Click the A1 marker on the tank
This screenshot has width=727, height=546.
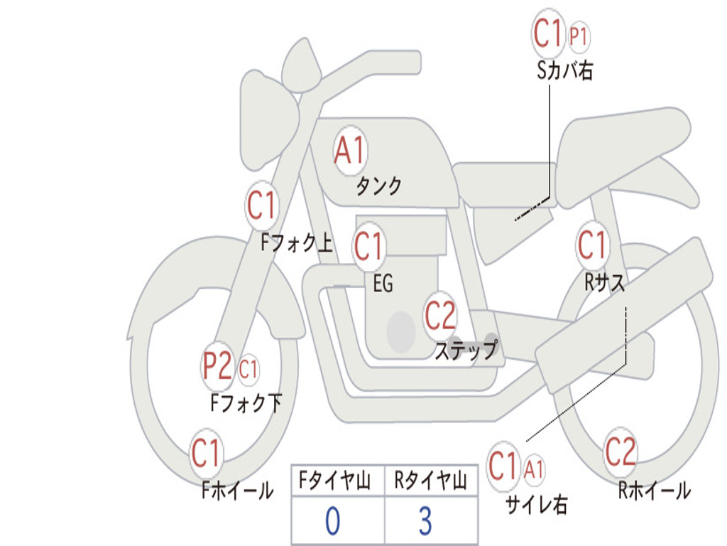[x=350, y=151]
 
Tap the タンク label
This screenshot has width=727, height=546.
[x=378, y=186]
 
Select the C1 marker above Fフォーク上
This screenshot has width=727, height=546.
[x=261, y=205]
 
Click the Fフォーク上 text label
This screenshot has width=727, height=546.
[x=297, y=242]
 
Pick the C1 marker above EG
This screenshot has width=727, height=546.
[x=369, y=246]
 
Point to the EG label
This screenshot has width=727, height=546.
[x=383, y=283]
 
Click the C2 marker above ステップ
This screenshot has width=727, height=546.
[x=440, y=316]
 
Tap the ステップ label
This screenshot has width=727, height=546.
[x=466, y=350]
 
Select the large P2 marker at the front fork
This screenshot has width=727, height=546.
[x=217, y=366]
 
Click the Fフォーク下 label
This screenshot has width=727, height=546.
[x=246, y=403]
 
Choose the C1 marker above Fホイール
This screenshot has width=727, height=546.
[x=206, y=453]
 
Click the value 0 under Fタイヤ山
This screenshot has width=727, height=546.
[x=333, y=521]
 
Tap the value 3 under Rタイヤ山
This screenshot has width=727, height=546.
[x=426, y=521]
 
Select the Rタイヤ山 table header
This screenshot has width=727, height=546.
[x=431, y=480]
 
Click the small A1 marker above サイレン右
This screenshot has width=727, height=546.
[x=534, y=470]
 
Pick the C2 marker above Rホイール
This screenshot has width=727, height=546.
[x=621, y=452]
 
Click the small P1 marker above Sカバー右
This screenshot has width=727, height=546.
[x=579, y=36]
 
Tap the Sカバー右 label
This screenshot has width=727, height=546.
[x=564, y=70]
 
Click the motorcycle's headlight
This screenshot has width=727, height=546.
[x=267, y=122]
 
